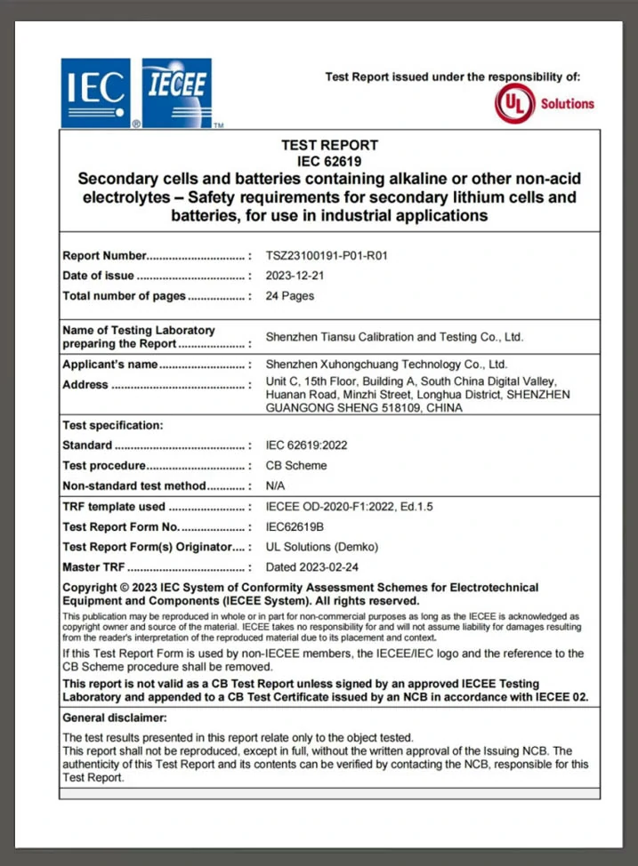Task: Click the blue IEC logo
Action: pyautogui.click(x=95, y=92)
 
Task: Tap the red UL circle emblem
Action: pyautogui.click(x=514, y=104)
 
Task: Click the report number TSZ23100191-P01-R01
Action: pyautogui.click(x=327, y=256)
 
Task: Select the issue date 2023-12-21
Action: pyautogui.click(x=295, y=276)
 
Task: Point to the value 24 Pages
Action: pyautogui.click(x=290, y=296)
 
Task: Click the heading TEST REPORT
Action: pyautogui.click(x=329, y=145)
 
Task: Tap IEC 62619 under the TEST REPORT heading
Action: pyautogui.click(x=329, y=161)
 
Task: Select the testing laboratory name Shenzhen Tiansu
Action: pyautogui.click(x=394, y=337)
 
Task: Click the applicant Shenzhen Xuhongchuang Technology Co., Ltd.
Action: pyautogui.click(x=386, y=365)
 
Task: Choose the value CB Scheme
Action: pyautogui.click(x=296, y=465)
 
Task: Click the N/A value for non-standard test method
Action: pyautogui.click(x=276, y=485)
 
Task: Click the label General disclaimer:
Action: pyautogui.click(x=115, y=718)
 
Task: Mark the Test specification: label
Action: pyautogui.click(x=113, y=425)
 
